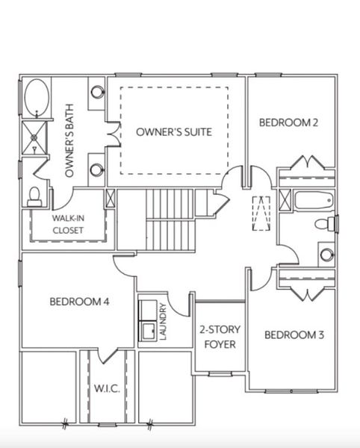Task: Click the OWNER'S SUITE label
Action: coord(173,131)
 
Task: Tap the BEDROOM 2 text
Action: coord(289,122)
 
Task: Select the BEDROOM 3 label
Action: coord(294,335)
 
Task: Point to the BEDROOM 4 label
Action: coord(80,302)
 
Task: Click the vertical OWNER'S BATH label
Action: coord(69,141)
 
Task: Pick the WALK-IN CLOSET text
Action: coord(67,224)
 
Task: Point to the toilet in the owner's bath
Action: coord(34,196)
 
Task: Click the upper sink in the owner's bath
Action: coord(97,93)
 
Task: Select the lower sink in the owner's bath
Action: coord(97,169)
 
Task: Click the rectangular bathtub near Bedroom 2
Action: coord(312,200)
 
